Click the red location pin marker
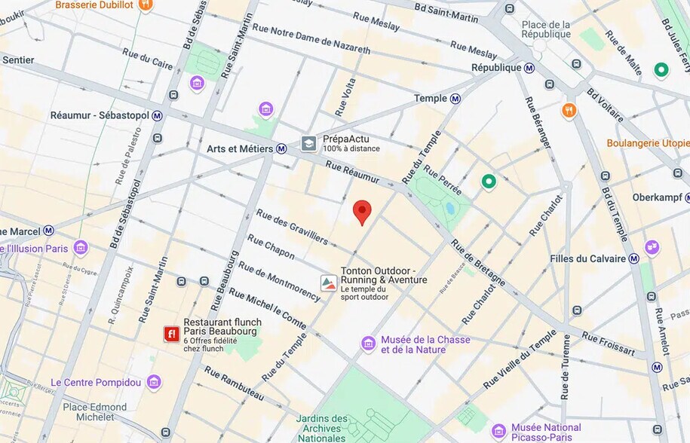point(363,211)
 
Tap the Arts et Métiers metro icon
point(281,149)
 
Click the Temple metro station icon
point(455,99)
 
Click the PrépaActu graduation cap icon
point(308,143)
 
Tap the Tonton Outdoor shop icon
point(328,283)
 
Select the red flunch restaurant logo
point(172,334)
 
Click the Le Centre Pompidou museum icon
point(154,382)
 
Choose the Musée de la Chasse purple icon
point(368,344)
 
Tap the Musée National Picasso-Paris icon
point(498,432)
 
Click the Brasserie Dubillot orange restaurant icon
point(146,5)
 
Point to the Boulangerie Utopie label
point(648,143)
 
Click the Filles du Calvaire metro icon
point(633,258)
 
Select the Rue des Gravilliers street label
point(292,227)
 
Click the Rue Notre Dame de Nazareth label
point(311,39)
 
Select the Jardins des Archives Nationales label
point(322,428)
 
